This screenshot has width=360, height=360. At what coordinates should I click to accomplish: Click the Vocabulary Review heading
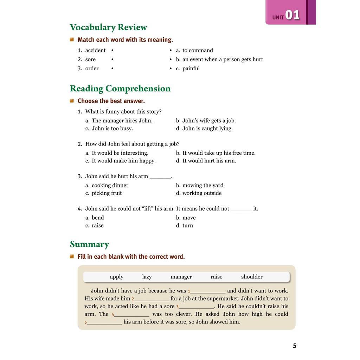click(108, 27)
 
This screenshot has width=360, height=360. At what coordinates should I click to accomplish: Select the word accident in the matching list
click(95, 50)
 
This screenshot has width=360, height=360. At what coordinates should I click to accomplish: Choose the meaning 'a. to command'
click(194, 50)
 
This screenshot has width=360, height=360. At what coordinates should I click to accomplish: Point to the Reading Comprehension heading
click(120, 89)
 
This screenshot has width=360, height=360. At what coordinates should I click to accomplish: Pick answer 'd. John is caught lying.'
click(204, 128)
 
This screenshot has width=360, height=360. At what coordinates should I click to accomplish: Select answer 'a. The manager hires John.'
click(119, 121)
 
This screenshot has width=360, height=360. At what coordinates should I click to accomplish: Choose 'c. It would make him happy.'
click(120, 161)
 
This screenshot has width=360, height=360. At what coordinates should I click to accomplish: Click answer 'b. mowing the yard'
click(200, 185)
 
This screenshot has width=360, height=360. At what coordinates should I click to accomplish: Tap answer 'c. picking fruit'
click(104, 193)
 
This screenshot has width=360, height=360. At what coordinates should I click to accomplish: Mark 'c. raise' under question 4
click(95, 225)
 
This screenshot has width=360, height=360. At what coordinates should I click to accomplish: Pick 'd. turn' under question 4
click(185, 225)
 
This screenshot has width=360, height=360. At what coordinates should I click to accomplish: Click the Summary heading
click(90, 244)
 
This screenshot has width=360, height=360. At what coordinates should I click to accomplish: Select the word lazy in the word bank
click(147, 277)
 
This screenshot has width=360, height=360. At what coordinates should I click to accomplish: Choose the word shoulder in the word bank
click(252, 277)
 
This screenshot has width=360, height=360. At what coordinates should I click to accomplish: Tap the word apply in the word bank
click(117, 277)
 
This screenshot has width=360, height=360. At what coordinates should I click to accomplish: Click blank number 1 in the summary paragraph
click(208, 291)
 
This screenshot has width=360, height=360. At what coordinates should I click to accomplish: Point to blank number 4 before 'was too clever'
click(131, 314)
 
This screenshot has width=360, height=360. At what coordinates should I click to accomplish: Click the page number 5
click(295, 346)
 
